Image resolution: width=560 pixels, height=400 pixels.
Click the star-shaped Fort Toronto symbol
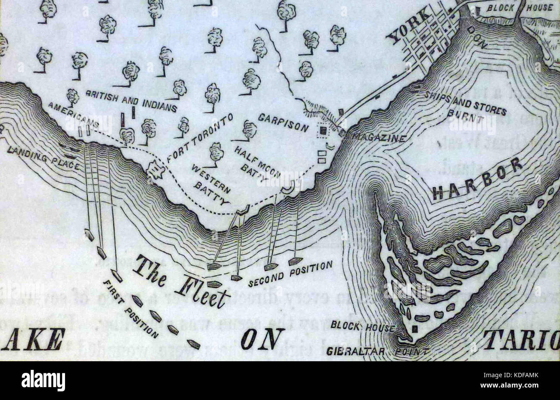[156, 171]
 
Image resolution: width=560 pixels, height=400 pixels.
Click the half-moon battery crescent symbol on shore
[288, 188]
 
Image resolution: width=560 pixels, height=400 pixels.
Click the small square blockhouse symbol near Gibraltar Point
[414, 329]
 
